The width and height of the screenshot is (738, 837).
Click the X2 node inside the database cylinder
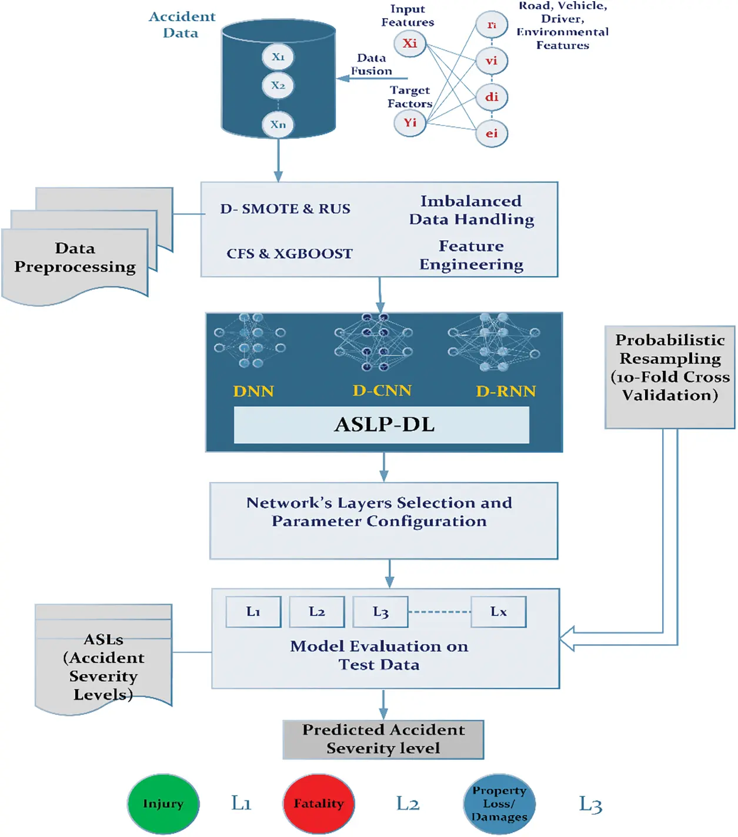pyautogui.click(x=278, y=86)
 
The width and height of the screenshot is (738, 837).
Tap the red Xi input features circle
pyautogui.click(x=410, y=43)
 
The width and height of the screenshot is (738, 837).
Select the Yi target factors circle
pyautogui.click(x=410, y=123)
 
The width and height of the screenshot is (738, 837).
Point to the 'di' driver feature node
pyautogui.click(x=492, y=97)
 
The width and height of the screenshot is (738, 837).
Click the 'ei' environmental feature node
pyautogui.click(x=492, y=133)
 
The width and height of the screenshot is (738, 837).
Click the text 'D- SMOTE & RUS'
pyautogui.click(x=285, y=209)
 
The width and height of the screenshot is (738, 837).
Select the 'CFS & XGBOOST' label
pyautogui.click(x=289, y=254)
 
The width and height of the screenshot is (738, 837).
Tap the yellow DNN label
pyautogui.click(x=253, y=391)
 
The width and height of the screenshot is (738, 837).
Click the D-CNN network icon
pyautogui.click(x=373, y=342)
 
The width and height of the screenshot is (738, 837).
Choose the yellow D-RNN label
pyautogui.click(x=506, y=391)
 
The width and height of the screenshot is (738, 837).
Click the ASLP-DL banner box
pyautogui.click(x=382, y=425)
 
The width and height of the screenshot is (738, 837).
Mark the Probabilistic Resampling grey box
pyautogui.click(x=670, y=377)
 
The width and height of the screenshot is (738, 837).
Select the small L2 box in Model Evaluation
pyautogui.click(x=317, y=612)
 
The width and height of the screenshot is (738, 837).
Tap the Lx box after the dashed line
pyautogui.click(x=499, y=612)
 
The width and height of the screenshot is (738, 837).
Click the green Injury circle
pyautogui.click(x=163, y=803)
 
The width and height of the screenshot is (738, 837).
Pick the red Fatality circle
pyautogui.click(x=319, y=803)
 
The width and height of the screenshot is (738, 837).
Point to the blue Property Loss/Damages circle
pyautogui.click(x=499, y=803)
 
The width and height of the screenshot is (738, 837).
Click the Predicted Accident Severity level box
pyautogui.click(x=383, y=739)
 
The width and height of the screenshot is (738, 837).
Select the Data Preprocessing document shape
pyautogui.click(x=75, y=262)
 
